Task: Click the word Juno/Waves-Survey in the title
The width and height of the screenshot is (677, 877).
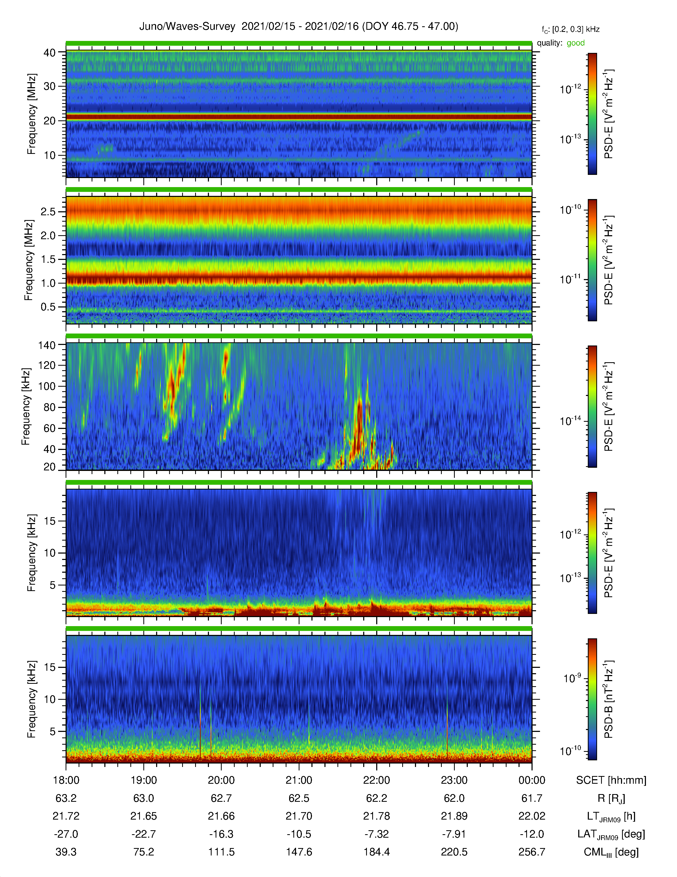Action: point(187,27)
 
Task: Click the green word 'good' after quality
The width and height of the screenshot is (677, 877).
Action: point(576,43)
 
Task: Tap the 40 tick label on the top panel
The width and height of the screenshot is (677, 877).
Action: point(50,53)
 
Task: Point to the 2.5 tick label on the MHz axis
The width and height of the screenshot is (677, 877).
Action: point(48,212)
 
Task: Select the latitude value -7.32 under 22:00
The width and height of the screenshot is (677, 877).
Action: point(377,834)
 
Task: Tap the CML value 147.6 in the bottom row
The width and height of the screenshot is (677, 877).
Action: point(299,852)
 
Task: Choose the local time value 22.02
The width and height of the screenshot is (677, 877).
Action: point(532,816)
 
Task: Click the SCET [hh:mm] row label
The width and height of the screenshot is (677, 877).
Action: point(611,780)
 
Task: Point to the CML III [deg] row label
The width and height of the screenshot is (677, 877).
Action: point(611,852)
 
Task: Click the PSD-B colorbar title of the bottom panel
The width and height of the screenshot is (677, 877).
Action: point(609,699)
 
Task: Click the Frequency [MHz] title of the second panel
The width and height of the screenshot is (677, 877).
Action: point(29,260)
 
